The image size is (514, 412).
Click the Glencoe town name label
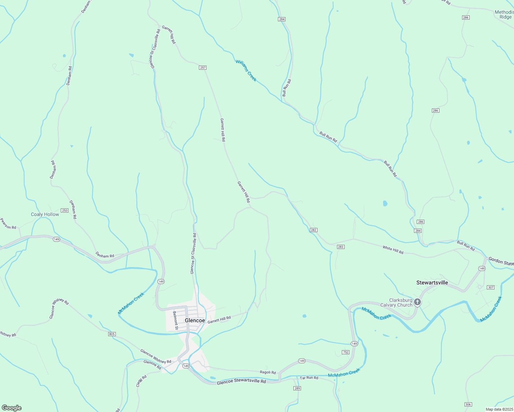coord(195,320)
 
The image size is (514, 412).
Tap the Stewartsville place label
coord(432,283)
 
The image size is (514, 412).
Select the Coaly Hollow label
coord(45,214)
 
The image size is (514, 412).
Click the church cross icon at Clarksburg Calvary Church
coord(417,302)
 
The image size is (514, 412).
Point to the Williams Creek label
coord(246,70)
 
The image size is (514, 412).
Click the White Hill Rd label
coord(393,250)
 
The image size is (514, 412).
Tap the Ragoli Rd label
coord(268,372)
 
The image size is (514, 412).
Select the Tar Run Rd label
coord(309,378)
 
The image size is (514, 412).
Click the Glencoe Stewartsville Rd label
coord(241,381)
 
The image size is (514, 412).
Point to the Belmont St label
coord(175,320)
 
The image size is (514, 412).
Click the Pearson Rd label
coord(8,224)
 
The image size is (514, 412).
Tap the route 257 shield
coord(203,68)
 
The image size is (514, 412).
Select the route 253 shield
coord(64,210)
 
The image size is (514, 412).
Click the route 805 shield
coord(112,334)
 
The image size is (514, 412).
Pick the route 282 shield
coord(313,230)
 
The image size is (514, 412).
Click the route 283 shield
coord(340,247)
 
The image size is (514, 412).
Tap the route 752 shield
coord(346,352)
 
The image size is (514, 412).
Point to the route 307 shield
coord(491,287)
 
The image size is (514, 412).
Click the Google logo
coord(11,408)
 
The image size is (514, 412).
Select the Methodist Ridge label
coord(504,14)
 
